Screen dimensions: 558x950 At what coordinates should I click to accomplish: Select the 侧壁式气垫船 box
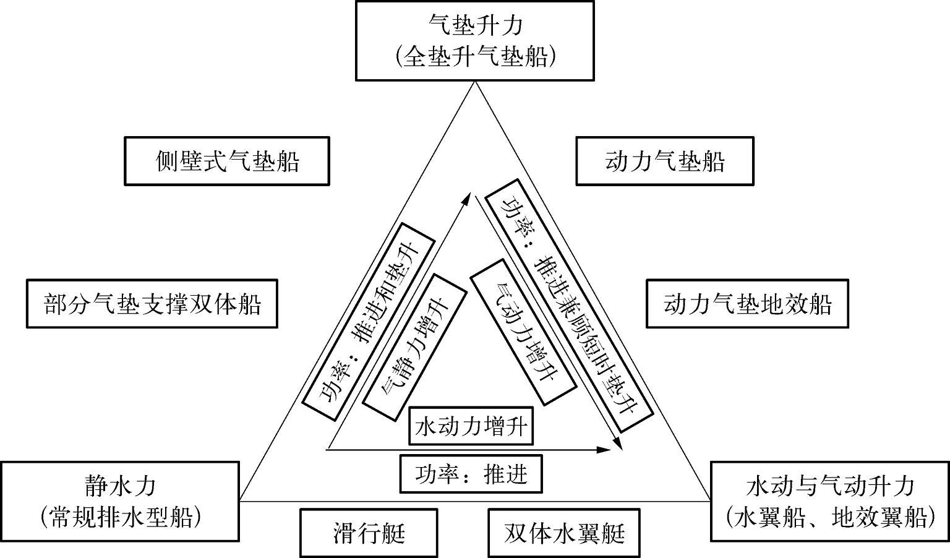pos(227,161)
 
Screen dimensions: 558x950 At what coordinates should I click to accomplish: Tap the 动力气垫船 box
pos(665,161)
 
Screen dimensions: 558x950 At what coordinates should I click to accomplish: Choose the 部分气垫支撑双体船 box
pos(152,304)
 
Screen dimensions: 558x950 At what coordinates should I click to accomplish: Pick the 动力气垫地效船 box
pos(747,304)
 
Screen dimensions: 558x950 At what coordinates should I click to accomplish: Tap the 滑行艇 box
pos(369,533)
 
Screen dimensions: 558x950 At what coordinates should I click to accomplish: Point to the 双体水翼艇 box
pos(564,533)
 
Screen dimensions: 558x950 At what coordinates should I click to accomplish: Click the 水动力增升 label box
pos(471,426)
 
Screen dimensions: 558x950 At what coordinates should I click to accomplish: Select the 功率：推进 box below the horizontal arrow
pos(471,474)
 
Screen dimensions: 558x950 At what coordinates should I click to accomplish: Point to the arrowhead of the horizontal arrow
pos(606,450)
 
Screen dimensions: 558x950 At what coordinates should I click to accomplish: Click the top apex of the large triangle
pos(475,83)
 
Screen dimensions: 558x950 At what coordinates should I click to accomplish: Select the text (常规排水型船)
pos(120,517)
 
